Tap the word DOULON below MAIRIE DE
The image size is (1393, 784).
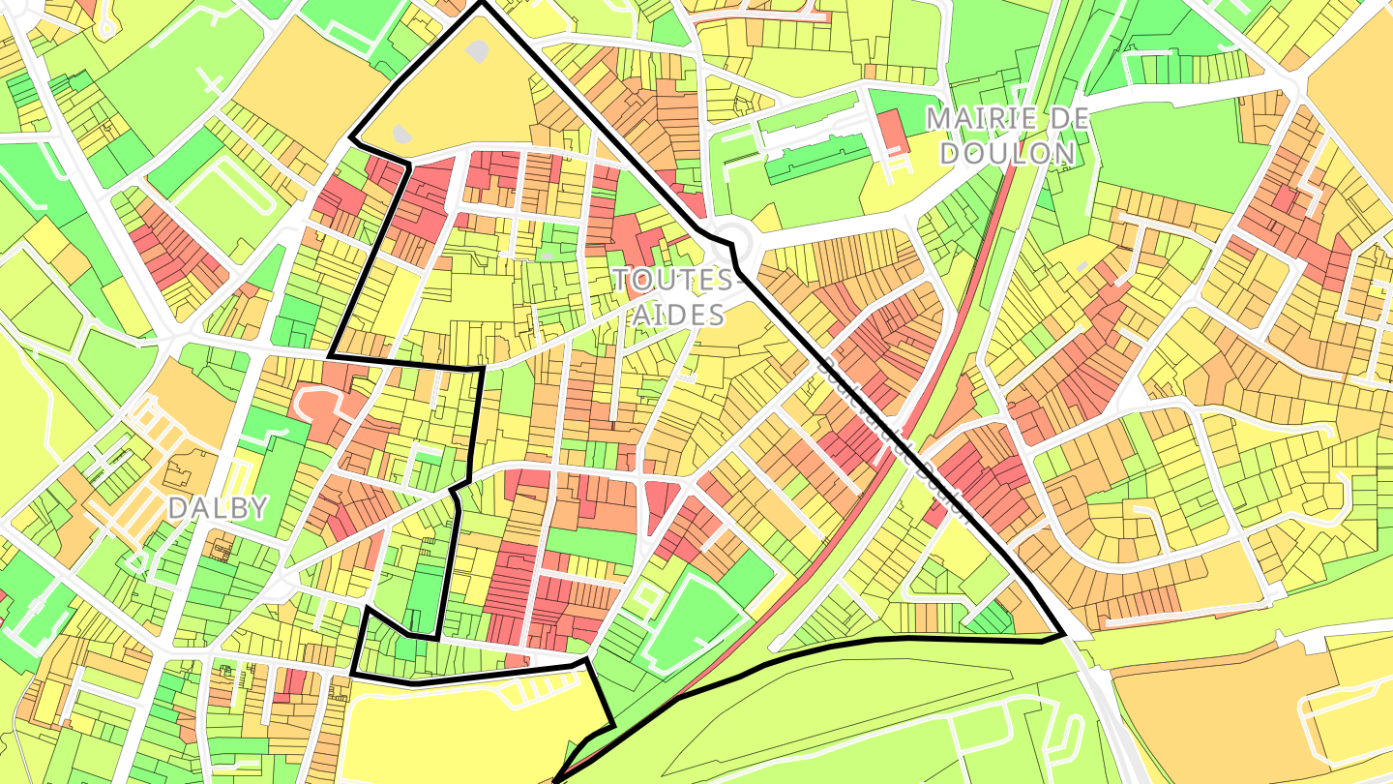point(1008,153)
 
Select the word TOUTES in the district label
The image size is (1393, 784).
point(673,281)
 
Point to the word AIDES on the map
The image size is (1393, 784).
point(679,315)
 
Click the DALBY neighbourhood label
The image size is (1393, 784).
point(217,508)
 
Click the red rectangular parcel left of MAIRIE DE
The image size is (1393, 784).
point(892,132)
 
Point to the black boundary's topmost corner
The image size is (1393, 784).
point(481,4)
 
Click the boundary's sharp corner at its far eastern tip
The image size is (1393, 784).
point(1063,635)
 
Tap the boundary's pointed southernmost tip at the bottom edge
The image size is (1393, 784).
point(555,780)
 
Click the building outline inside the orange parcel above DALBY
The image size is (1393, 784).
point(180,472)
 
